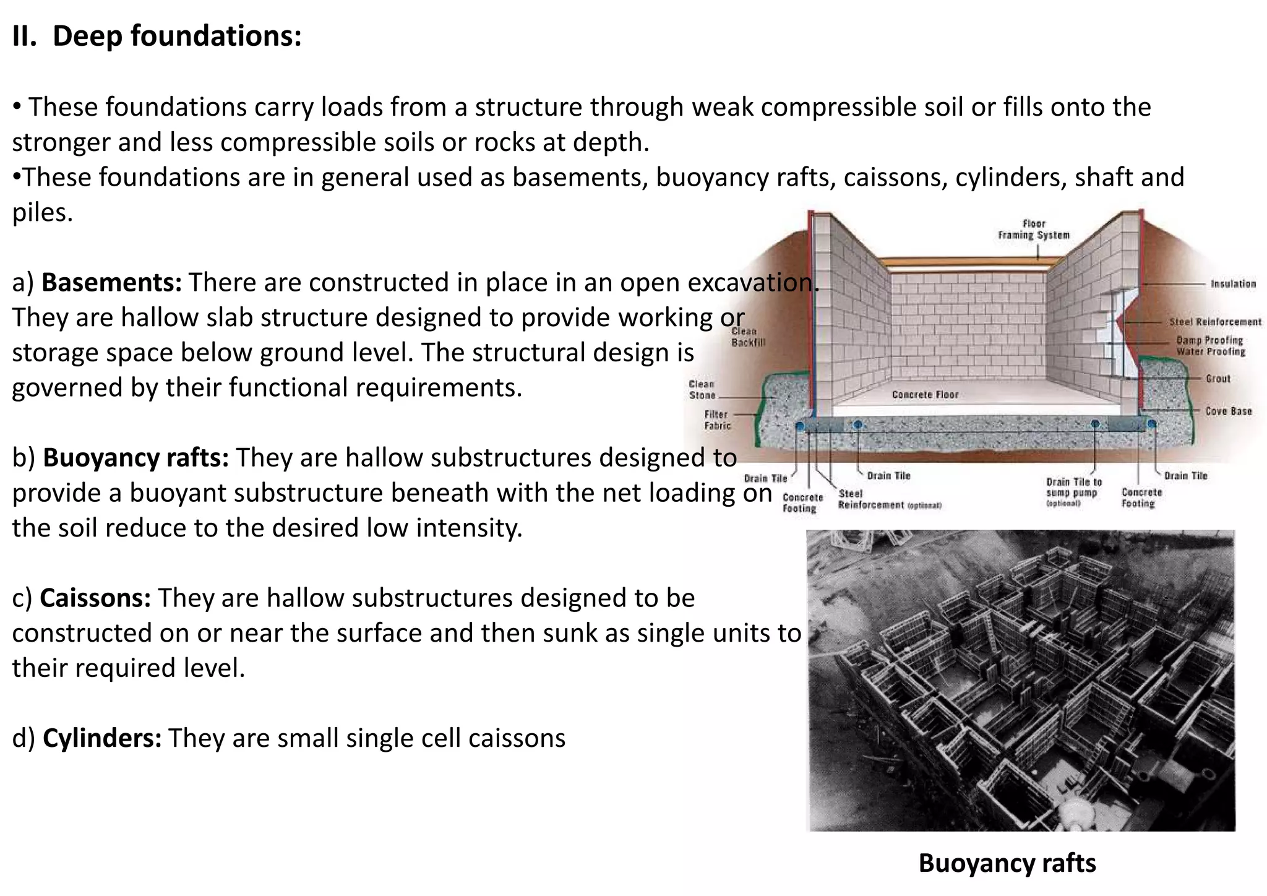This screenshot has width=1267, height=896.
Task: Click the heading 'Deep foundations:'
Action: click(x=177, y=36)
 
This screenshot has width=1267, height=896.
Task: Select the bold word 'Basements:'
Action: click(x=111, y=282)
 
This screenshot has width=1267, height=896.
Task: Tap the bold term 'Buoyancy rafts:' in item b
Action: click(x=135, y=458)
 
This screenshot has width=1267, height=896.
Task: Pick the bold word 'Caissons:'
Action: click(x=95, y=598)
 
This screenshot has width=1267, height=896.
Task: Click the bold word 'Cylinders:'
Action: click(x=102, y=738)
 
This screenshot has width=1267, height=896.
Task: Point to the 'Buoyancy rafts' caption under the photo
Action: click(x=1007, y=863)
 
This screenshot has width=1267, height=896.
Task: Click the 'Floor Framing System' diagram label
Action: click(x=1033, y=229)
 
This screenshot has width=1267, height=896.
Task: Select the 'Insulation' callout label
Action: click(x=1233, y=284)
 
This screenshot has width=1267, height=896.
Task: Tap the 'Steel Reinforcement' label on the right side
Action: click(x=1214, y=322)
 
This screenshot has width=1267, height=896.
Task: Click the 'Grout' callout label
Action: click(x=1218, y=379)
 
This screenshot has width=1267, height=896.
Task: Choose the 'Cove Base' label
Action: click(x=1228, y=411)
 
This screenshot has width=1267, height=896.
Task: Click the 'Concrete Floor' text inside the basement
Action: click(x=924, y=395)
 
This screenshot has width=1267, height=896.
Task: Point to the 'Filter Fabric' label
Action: click(x=717, y=420)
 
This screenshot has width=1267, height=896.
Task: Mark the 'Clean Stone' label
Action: click(x=702, y=390)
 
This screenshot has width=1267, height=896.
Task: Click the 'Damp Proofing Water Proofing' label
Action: click(x=1209, y=346)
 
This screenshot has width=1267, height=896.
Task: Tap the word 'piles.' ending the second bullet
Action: click(x=43, y=213)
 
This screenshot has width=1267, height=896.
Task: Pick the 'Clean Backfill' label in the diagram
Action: click(x=748, y=337)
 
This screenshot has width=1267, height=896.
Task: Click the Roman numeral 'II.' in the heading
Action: click(x=24, y=36)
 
